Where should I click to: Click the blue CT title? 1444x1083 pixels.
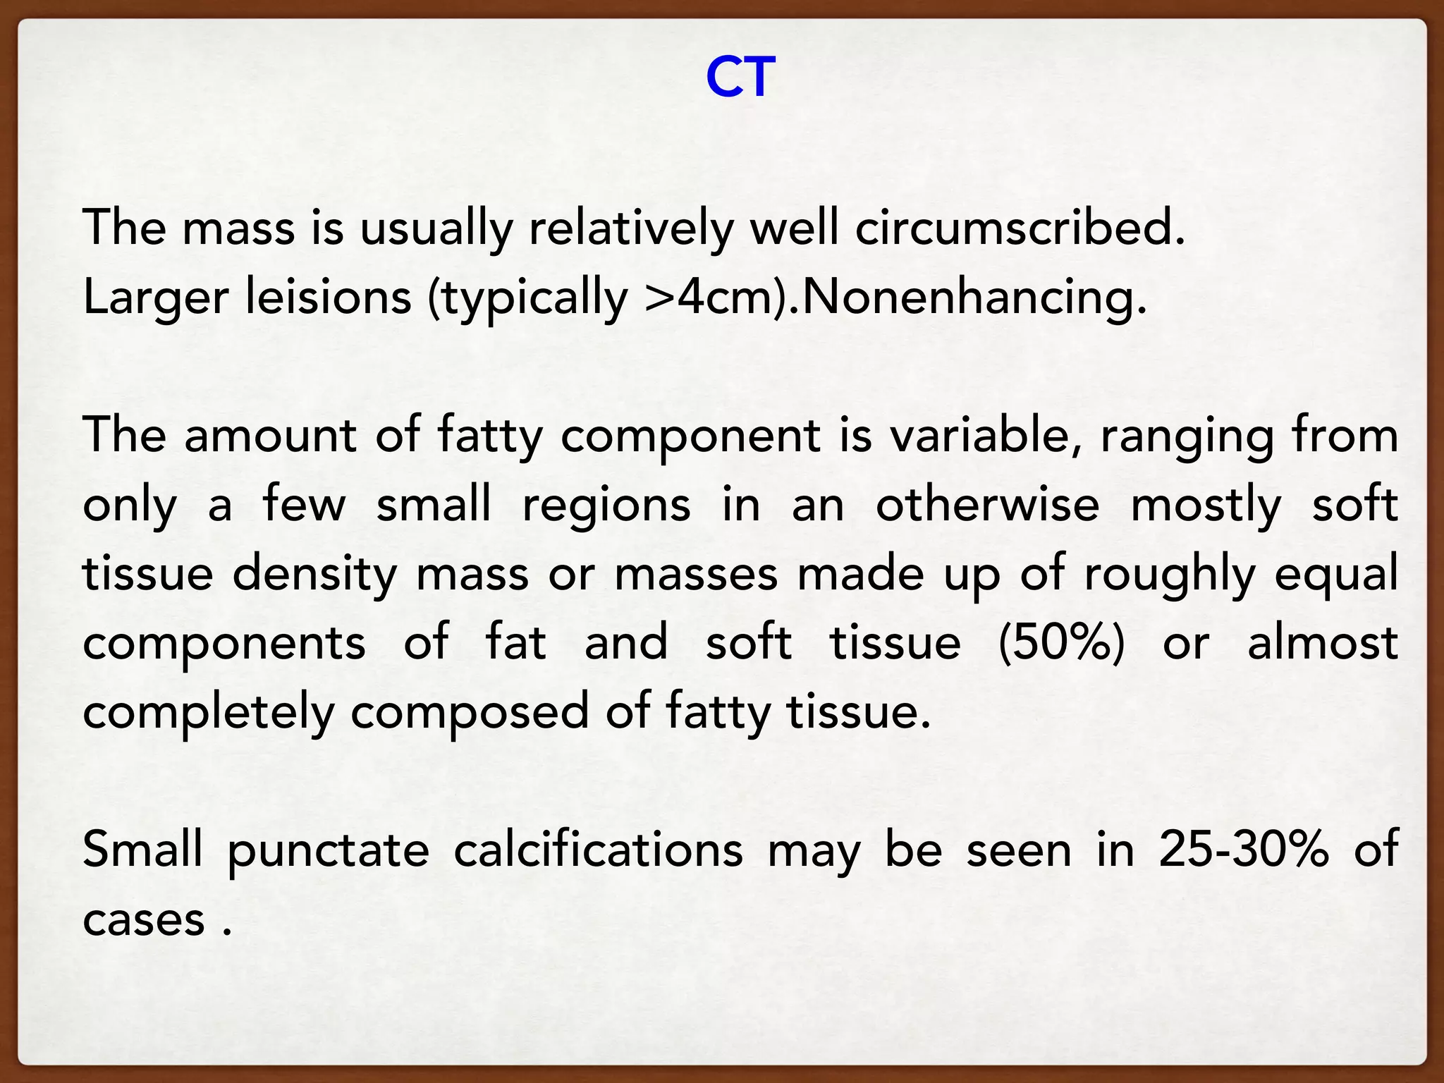coord(740,77)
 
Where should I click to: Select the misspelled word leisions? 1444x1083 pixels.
coord(328,297)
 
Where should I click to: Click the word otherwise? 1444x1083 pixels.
coord(987,504)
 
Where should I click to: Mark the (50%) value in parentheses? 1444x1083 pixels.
coord(1062,643)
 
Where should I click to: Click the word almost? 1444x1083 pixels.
coord(1323,643)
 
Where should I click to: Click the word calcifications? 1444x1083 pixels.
coord(598,849)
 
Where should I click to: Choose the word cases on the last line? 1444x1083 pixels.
coord(144,919)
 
